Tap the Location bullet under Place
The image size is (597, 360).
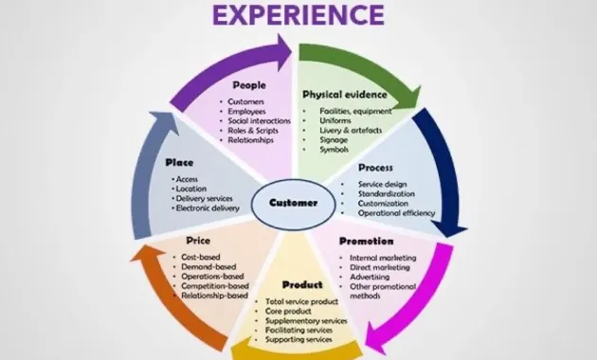190,189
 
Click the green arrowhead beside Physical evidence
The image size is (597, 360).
408,95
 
